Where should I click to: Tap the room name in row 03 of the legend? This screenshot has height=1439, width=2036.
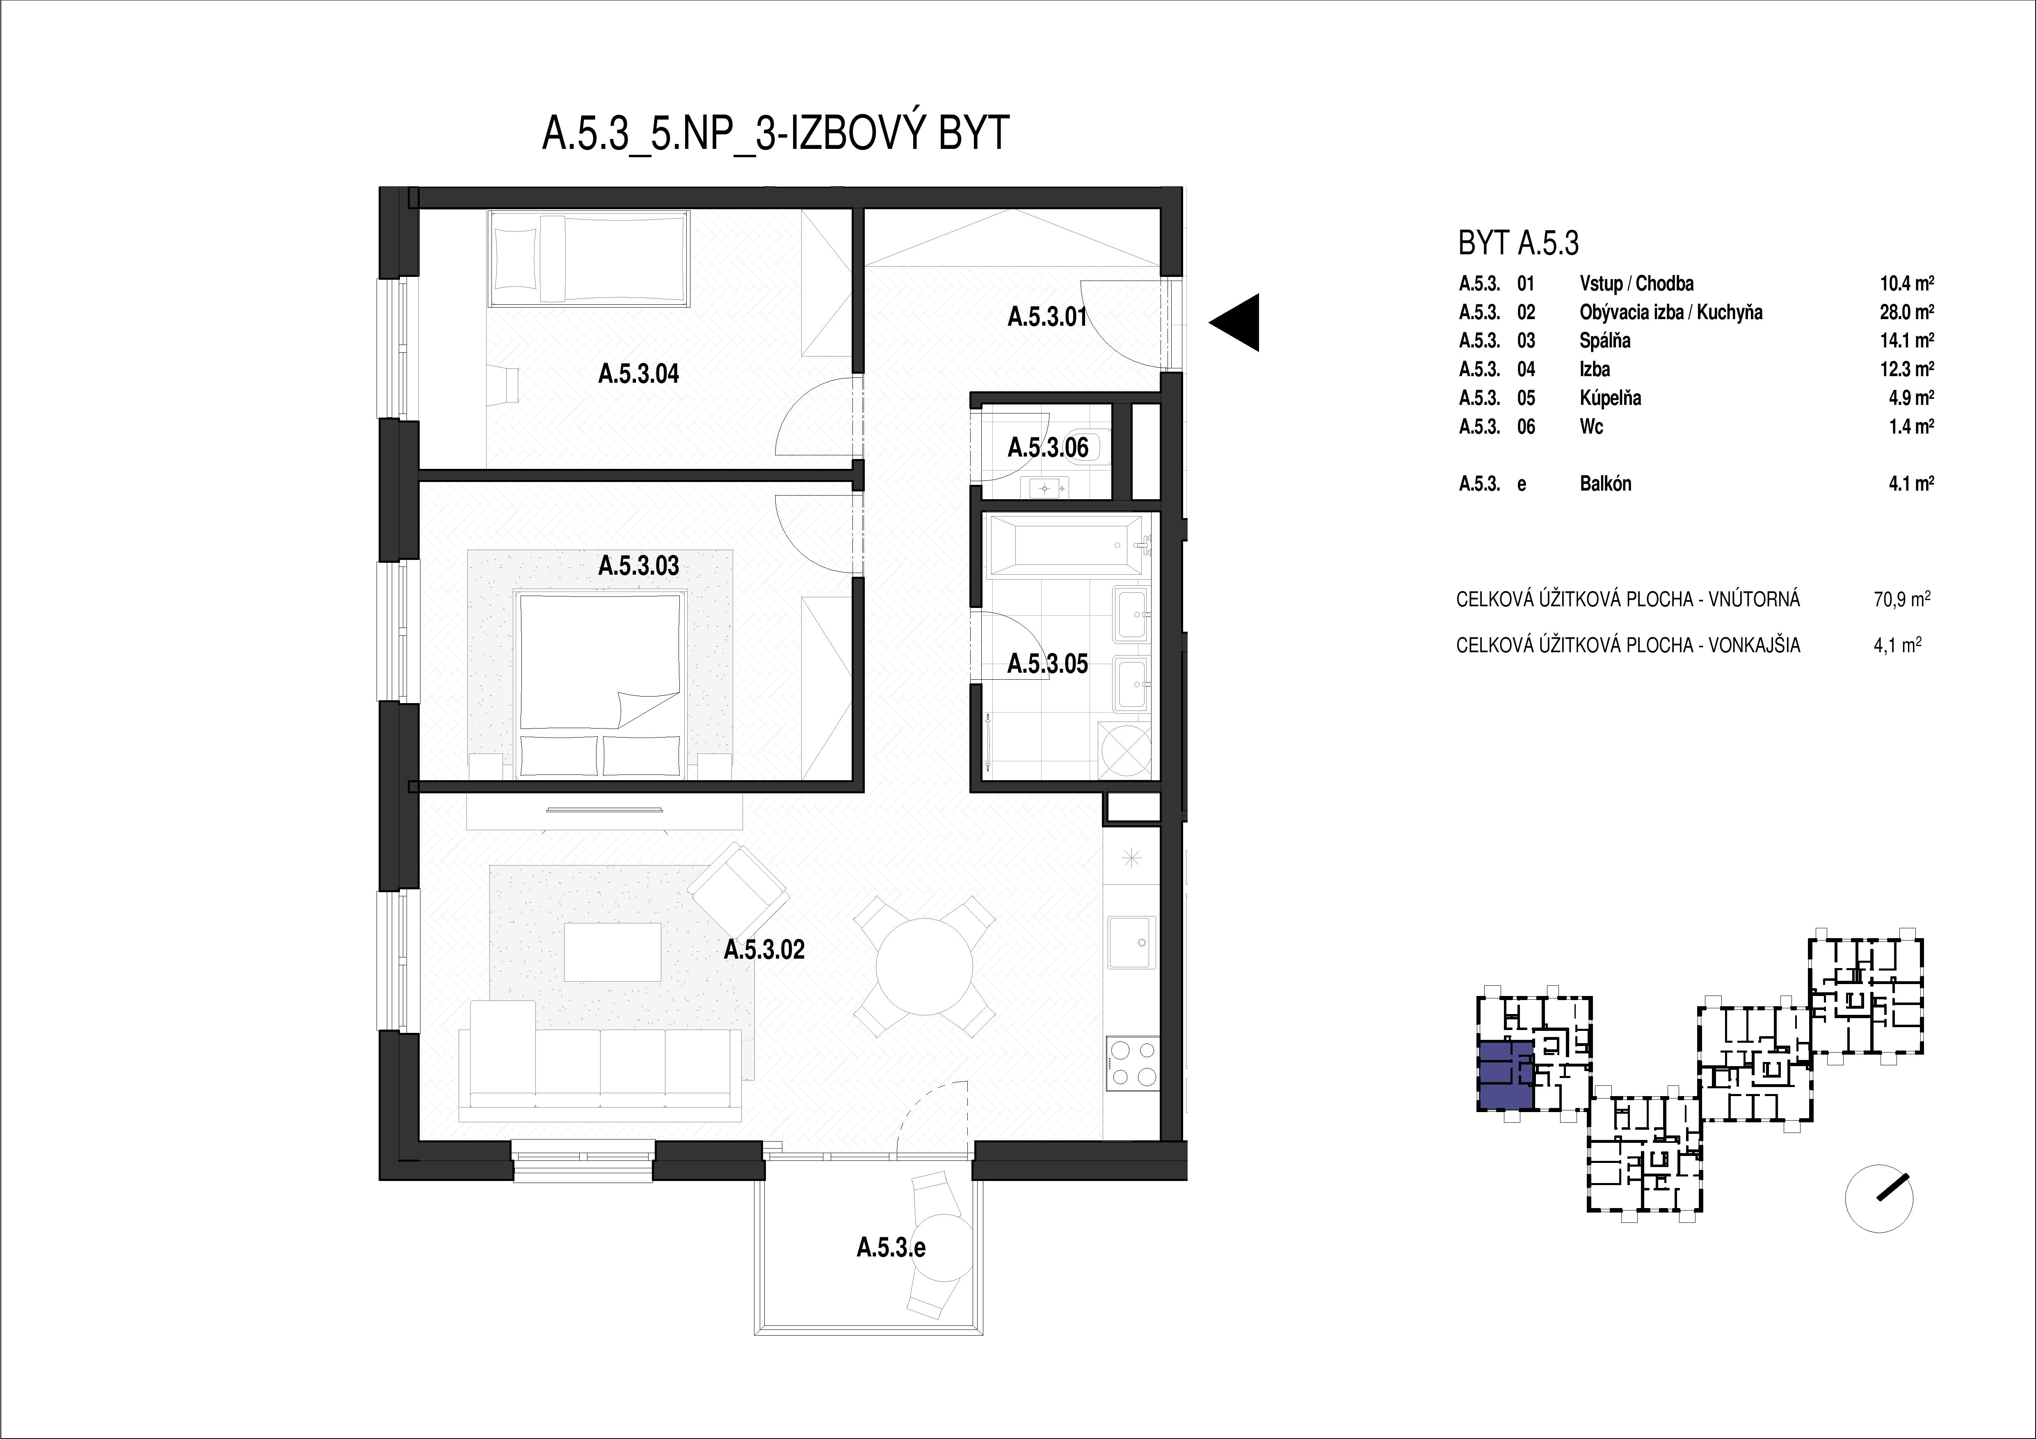pos(1605,340)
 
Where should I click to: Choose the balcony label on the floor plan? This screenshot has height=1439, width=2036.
pos(891,1248)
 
